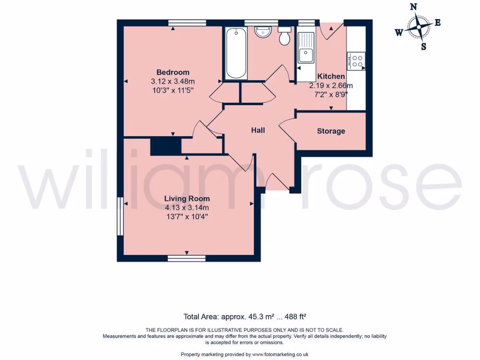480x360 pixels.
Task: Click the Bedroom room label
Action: (172, 72)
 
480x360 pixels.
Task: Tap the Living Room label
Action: (187, 198)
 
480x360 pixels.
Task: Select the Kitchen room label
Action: (331, 76)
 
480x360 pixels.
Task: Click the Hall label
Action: (258, 130)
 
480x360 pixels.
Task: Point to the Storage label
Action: (331, 131)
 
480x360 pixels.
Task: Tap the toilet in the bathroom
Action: (284, 36)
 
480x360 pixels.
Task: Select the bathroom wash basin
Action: (262, 32)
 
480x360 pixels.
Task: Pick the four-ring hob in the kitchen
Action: (356, 61)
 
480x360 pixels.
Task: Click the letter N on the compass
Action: (413, 7)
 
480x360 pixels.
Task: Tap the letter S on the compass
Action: (423, 46)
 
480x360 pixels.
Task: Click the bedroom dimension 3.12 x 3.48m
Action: (172, 81)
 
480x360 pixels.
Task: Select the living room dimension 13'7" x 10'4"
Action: (187, 216)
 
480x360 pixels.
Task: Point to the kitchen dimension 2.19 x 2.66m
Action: (331, 85)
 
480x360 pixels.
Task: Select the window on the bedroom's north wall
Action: (187, 22)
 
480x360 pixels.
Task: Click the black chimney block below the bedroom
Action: (165, 146)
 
